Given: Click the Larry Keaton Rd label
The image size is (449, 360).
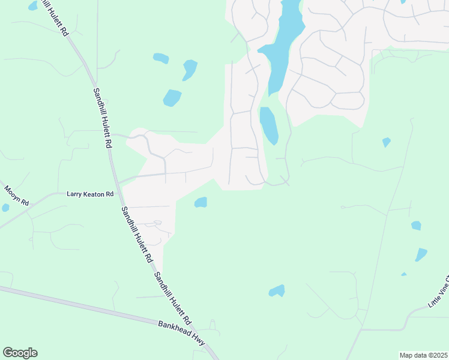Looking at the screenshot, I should coord(90,194).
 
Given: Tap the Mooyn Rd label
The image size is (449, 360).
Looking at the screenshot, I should coord(16,196).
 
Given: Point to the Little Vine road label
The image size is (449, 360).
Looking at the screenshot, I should coord(438,293).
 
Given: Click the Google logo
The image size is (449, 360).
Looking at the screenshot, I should coord(20,353).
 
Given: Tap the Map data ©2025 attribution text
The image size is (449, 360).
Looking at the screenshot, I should coord(423,355).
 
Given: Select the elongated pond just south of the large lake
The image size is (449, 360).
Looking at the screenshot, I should coord(269,125).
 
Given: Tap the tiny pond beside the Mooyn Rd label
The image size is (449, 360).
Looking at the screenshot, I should coord(5,208).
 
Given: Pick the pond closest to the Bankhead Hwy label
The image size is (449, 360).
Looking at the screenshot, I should coord(276,291).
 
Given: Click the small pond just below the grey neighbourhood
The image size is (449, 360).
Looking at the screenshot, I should coord(201,203).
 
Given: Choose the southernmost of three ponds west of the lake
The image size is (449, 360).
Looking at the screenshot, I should coord(172,97).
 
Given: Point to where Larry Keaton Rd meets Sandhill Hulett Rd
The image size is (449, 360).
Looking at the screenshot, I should coord(118,183).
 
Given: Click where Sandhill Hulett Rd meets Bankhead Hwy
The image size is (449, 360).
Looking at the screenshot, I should coord(210,348).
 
